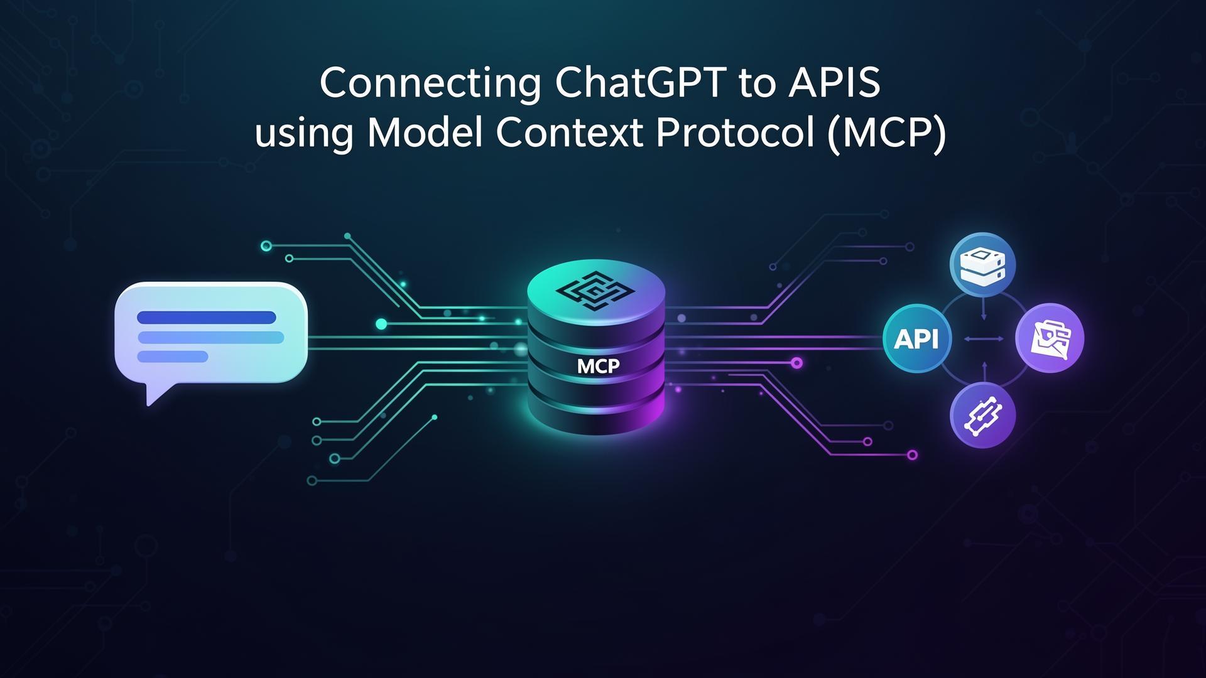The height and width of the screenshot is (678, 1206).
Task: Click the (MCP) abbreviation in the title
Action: [x=886, y=134]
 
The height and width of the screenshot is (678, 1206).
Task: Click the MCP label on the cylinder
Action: [x=598, y=366]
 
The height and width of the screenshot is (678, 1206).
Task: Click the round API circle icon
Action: [x=916, y=339]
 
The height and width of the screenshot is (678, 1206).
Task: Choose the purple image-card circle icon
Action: [x=1050, y=339]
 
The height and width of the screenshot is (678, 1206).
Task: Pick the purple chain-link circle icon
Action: [x=983, y=414]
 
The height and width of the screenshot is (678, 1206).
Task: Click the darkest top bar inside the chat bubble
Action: [x=206, y=318]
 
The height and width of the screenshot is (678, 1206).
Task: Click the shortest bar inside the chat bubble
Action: [x=173, y=357]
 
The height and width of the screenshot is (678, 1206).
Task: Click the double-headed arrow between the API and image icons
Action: [x=983, y=339]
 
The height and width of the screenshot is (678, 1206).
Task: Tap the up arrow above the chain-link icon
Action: [x=984, y=370]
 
